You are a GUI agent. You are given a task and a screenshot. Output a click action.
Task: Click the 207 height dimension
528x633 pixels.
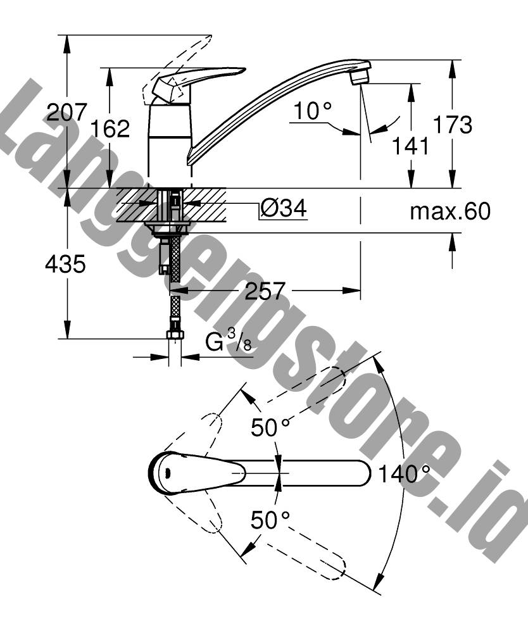(66, 112)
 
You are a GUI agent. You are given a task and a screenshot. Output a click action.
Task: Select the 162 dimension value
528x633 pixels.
(110, 128)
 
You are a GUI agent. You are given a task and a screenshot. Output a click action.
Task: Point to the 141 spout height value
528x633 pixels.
(410, 146)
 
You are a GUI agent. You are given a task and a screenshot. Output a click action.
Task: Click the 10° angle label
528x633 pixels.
(313, 111)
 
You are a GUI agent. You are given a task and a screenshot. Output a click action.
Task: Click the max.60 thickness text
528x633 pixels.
(450, 211)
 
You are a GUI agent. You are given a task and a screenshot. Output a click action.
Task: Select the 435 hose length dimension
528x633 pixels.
(65, 265)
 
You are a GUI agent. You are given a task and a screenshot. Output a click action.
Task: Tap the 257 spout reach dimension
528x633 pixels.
(265, 291)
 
